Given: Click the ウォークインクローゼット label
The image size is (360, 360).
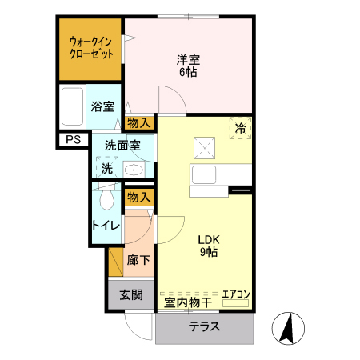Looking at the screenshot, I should tap(90, 46).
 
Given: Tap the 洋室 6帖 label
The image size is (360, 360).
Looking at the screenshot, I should tap(187, 65).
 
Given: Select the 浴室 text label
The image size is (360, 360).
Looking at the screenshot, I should tap(102, 106).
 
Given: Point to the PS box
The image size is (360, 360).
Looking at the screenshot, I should tap(73, 140).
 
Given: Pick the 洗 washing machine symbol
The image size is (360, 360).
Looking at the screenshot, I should tap(106, 168).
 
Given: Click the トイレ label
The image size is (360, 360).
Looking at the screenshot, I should tap(106, 225).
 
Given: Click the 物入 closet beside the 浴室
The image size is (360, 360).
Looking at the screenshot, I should tap(139, 122).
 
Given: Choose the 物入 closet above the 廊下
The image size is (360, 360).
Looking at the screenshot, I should tap(139, 196).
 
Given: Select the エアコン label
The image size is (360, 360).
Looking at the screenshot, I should tap(236, 294).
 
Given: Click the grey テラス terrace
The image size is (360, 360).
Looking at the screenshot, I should tap(205, 327).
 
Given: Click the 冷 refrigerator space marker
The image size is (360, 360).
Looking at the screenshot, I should tap(241, 127).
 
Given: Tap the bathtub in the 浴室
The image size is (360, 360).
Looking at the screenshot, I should tap(73, 106).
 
